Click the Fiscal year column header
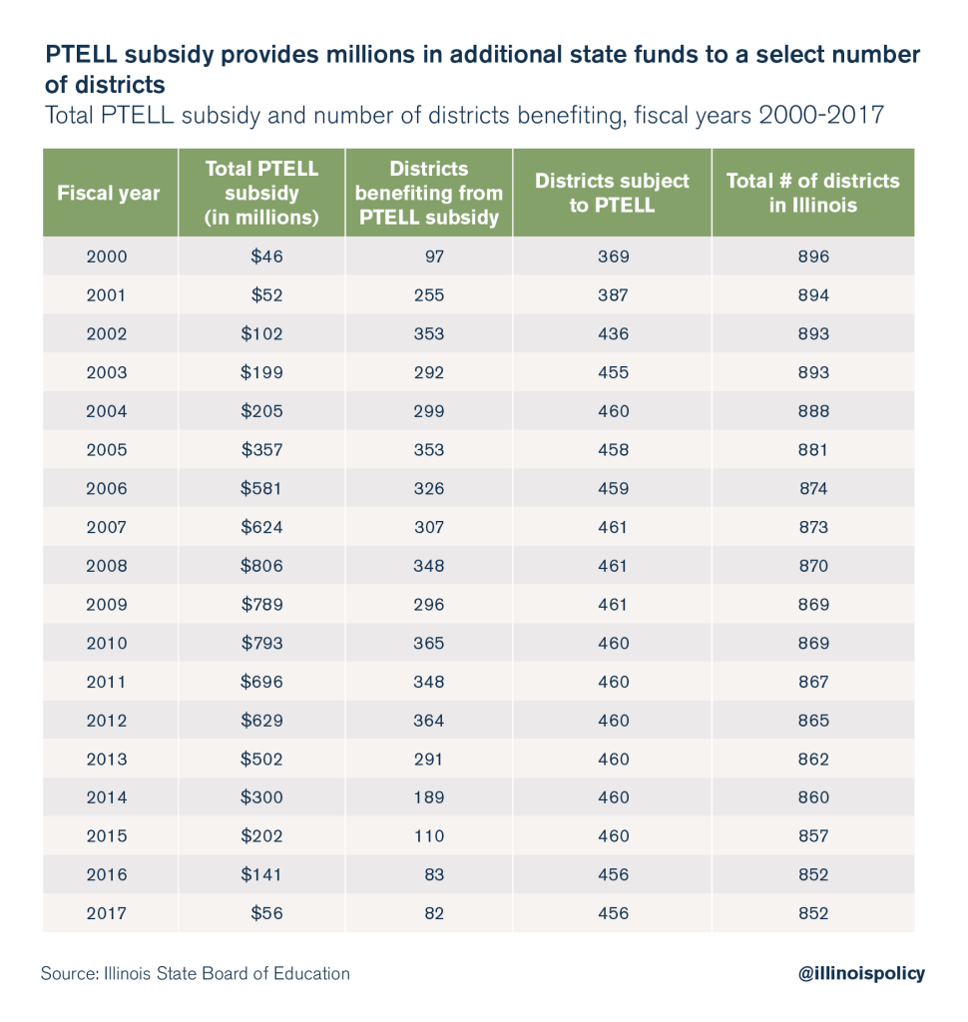click(109, 193)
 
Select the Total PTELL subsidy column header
click(261, 193)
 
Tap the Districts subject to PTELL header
click(612, 193)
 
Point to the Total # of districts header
click(812, 193)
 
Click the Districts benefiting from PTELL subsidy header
click(428, 193)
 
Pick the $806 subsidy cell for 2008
click(262, 566)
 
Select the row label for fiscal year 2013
click(107, 759)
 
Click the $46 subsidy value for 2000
click(267, 256)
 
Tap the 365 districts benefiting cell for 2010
click(429, 643)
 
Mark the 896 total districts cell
click(813, 256)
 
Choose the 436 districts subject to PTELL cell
click(613, 334)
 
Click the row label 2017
click(107, 913)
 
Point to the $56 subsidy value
click(267, 913)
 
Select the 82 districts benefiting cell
click(433, 913)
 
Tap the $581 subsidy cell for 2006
click(262, 489)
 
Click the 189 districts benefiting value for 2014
click(429, 797)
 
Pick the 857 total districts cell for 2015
click(813, 835)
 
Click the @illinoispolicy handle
click(862, 973)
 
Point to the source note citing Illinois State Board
click(196, 973)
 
